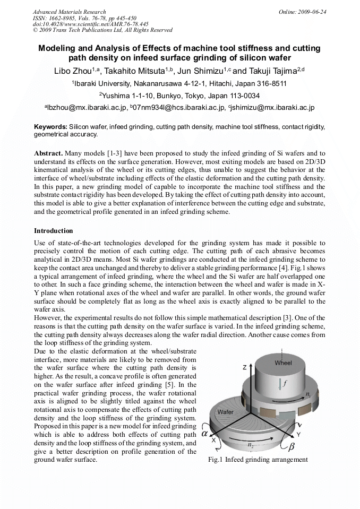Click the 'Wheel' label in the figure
283,363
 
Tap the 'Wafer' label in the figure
226,411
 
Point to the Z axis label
245,367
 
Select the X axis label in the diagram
213,440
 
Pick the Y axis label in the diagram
299,434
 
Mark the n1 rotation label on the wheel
307,395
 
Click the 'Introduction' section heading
54,231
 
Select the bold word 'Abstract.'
52,153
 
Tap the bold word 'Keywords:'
51,127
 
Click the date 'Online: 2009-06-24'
302,12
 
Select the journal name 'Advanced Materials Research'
69,12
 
